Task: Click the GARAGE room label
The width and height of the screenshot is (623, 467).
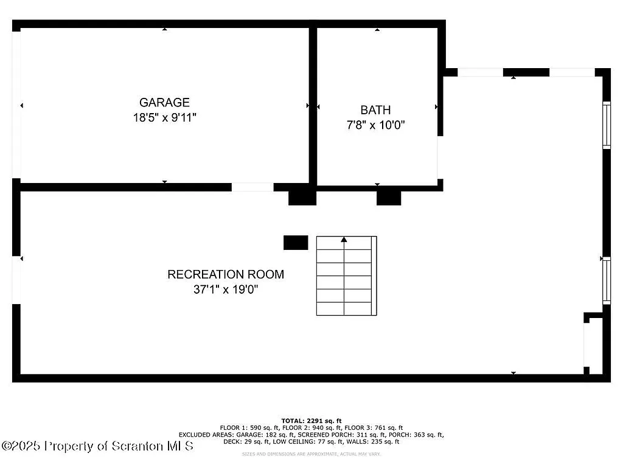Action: (x=164, y=103)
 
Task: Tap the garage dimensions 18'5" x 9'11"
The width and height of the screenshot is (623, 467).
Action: (x=164, y=118)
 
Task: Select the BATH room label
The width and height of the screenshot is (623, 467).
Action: (x=375, y=110)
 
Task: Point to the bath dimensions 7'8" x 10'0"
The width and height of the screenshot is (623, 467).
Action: (x=375, y=125)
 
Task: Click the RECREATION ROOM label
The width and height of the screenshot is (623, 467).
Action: (x=226, y=274)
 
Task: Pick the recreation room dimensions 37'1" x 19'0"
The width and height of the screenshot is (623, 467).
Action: (x=226, y=290)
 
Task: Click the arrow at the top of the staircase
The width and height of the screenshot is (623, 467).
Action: (x=344, y=240)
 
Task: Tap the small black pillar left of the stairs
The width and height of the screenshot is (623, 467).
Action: (x=296, y=243)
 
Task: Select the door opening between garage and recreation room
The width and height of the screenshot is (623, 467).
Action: (x=252, y=187)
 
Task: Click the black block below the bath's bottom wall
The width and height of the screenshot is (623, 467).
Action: (x=389, y=198)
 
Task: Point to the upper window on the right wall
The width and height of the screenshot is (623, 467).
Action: (x=606, y=125)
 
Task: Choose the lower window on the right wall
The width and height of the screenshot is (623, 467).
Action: (x=606, y=281)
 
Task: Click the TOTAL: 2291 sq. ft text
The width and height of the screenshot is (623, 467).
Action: (x=311, y=421)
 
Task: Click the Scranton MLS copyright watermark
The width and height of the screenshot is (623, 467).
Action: (x=97, y=446)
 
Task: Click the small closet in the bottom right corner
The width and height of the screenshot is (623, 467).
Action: (x=594, y=345)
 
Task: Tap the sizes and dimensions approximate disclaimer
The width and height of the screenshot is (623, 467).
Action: (x=311, y=454)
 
